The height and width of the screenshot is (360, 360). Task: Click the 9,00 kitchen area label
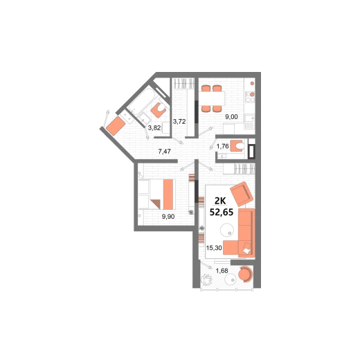[x=231, y=117]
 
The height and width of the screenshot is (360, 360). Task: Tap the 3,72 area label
[x=179, y=121]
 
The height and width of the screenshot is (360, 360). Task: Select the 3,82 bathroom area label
[x=154, y=127]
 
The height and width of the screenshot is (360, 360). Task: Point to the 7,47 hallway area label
[x=164, y=152]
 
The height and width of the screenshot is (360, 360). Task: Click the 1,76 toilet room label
[x=222, y=146]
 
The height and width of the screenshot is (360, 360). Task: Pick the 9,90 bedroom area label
[x=168, y=217]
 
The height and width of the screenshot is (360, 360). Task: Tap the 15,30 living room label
[x=214, y=248]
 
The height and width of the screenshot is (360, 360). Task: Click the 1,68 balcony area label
[x=222, y=271]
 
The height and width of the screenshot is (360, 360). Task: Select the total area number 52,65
[x=222, y=212]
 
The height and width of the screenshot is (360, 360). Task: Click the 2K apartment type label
[x=220, y=201]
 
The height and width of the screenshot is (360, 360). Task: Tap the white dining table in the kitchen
[x=212, y=98]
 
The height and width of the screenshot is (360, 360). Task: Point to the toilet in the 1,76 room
[x=237, y=146]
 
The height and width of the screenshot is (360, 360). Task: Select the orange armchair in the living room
[x=242, y=194]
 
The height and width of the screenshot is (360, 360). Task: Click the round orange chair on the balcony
[x=245, y=274]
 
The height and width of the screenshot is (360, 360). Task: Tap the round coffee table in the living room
[x=227, y=230]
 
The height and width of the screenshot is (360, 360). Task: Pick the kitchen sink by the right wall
[x=249, y=121]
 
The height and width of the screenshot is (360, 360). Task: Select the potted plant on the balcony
[x=206, y=280]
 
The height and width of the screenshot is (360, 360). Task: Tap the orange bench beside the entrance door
[x=116, y=126]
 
